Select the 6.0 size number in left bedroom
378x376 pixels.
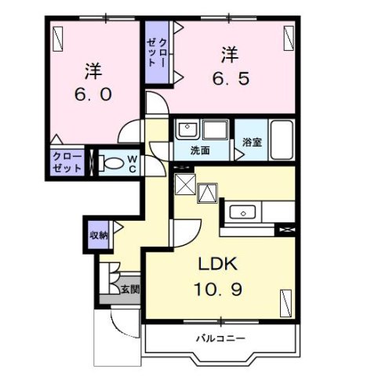pos(93,95)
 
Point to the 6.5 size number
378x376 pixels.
pos(228,79)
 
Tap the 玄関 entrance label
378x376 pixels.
pos(130,289)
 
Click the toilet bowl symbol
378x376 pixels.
pos(114,164)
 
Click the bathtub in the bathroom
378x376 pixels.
pos(280,139)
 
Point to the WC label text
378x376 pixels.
pos(133,164)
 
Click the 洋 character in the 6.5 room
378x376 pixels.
pos(228,55)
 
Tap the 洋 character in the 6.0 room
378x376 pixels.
pos(93,70)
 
